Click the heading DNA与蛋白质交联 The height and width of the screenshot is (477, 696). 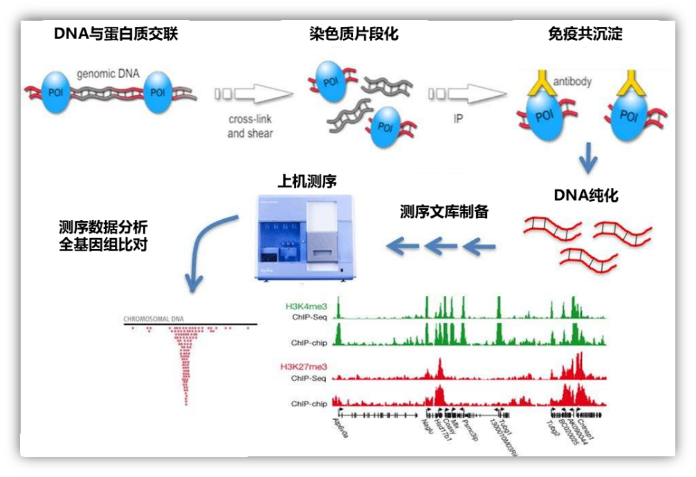(x=116, y=33)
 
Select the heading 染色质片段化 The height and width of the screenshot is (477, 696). (x=354, y=33)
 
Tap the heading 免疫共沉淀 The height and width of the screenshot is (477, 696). (x=584, y=33)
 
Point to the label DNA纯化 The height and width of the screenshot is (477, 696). (x=586, y=195)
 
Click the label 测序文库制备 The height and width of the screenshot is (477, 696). (x=443, y=212)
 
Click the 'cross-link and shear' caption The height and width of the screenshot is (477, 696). (x=250, y=127)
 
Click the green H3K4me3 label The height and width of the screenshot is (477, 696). (x=308, y=305)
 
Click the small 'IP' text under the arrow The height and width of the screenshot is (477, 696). (x=458, y=119)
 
